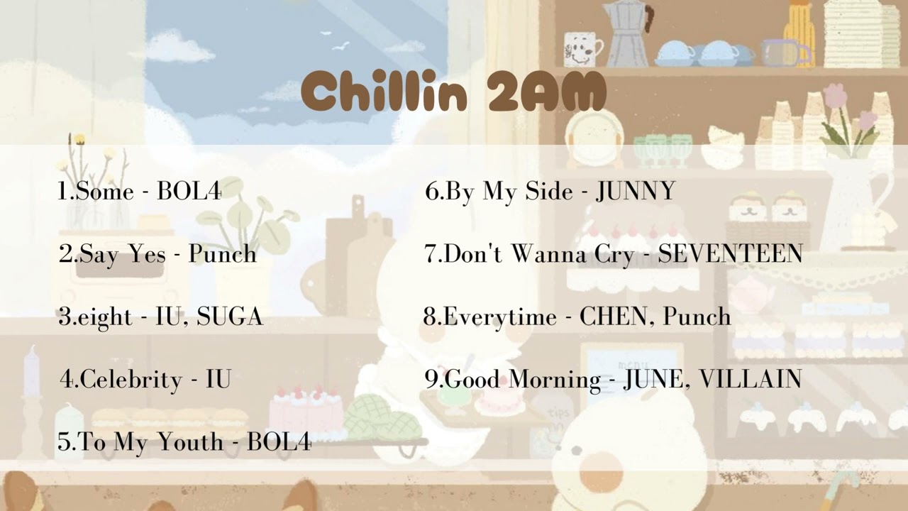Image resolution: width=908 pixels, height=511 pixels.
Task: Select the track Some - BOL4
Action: pos(140,191)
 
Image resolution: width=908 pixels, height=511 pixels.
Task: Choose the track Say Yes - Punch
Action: pos(157,254)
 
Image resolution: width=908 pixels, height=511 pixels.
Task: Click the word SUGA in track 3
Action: pos(230,317)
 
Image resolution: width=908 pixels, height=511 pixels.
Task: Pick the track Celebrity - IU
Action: pos(146,379)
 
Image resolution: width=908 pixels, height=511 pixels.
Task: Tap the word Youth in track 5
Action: pos(189,442)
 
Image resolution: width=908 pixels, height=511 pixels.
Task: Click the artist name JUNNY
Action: pos(636,191)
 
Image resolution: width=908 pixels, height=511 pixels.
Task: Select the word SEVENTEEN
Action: pos(730,254)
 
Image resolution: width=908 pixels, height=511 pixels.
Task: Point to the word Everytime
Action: pos(500,317)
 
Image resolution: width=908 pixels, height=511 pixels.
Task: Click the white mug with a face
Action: pos(580,50)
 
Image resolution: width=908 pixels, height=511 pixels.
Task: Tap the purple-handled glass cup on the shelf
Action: pos(784,52)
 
